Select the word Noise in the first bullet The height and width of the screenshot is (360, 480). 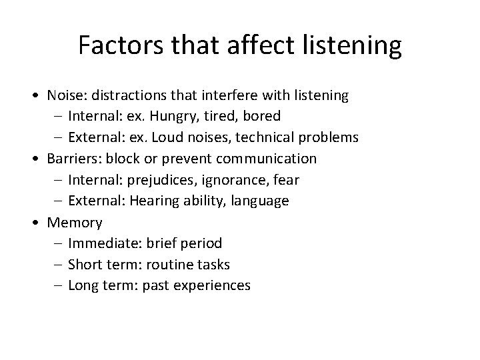coord(64,95)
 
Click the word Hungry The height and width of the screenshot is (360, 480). coord(169,117)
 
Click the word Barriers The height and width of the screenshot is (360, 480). coord(69,159)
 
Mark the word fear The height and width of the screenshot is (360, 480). coord(287,180)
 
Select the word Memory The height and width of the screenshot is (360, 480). coord(74,223)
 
